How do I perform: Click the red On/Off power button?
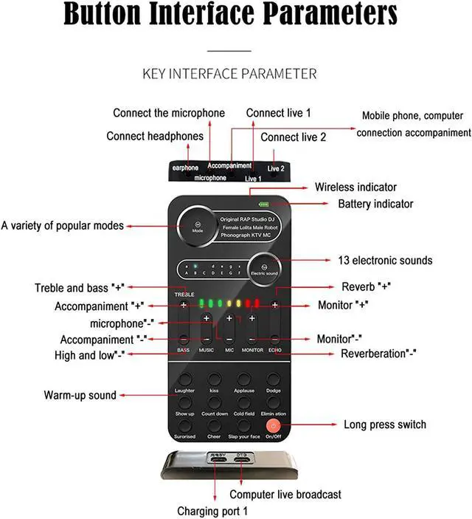click(274, 425)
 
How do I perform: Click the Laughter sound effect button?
click(184, 380)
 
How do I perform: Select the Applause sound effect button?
click(244, 380)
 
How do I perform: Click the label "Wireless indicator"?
click(355, 188)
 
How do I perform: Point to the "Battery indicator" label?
click(375, 204)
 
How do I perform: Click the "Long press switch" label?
click(385, 425)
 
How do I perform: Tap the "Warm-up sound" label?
click(80, 395)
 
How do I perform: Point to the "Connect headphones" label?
click(155, 136)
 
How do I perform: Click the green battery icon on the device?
click(263, 204)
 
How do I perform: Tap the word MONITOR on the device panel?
click(252, 349)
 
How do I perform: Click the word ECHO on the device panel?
click(274, 349)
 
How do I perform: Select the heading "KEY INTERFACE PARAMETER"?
click(229, 74)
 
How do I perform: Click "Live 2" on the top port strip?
click(276, 168)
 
